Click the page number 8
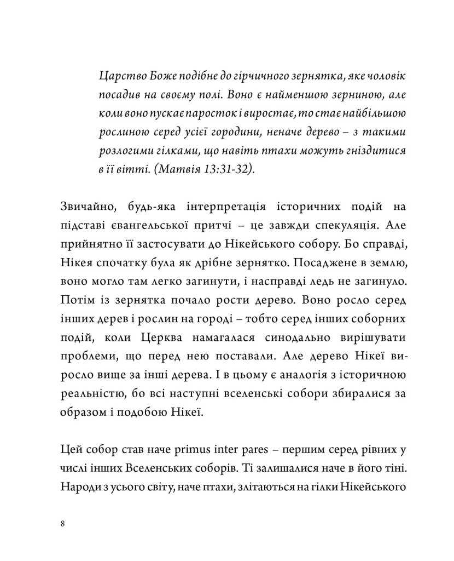[63, 524]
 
